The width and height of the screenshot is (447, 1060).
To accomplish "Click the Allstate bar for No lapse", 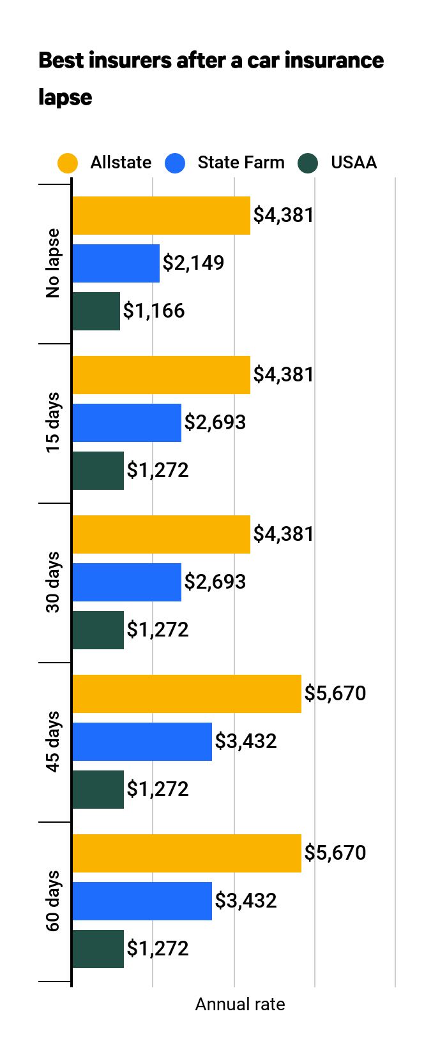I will pyautogui.click(x=161, y=216).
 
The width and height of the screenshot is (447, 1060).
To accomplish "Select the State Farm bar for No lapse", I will pyautogui.click(x=116, y=263).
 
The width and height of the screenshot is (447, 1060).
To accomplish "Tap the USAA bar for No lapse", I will pyautogui.click(x=96, y=311).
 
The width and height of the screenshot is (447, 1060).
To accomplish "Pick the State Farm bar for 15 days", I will pyautogui.click(x=126, y=423).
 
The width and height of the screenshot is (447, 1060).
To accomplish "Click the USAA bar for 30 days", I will pyautogui.click(x=98, y=630).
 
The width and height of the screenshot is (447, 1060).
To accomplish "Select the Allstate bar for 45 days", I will pyautogui.click(x=186, y=694).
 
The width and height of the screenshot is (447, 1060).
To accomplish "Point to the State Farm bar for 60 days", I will pyautogui.click(x=142, y=901).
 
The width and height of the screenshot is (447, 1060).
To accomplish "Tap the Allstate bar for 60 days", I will pyautogui.click(x=186, y=853).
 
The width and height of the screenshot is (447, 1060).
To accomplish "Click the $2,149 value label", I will pyautogui.click(x=193, y=263).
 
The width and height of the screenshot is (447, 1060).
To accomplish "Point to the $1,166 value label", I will pyautogui.click(x=154, y=311).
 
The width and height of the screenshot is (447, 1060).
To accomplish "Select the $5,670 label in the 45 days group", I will pyautogui.click(x=335, y=693).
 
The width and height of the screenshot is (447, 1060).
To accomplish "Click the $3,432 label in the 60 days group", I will pyautogui.click(x=246, y=901).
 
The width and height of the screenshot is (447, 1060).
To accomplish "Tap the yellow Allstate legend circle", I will pyautogui.click(x=67, y=163).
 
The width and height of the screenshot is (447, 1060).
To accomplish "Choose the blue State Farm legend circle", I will pyautogui.click(x=175, y=163).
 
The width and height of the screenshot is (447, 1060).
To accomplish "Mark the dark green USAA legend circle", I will pyautogui.click(x=308, y=163).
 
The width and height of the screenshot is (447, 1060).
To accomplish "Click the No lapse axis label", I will pyautogui.click(x=53, y=263).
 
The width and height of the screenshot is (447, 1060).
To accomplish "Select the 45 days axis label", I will pyautogui.click(x=53, y=742).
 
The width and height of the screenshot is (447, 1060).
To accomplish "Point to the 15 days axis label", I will pyautogui.click(x=53, y=423).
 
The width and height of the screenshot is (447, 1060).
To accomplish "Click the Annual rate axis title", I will pyautogui.click(x=239, y=1005).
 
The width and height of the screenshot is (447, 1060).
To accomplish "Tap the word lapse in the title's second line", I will pyautogui.click(x=65, y=98).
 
